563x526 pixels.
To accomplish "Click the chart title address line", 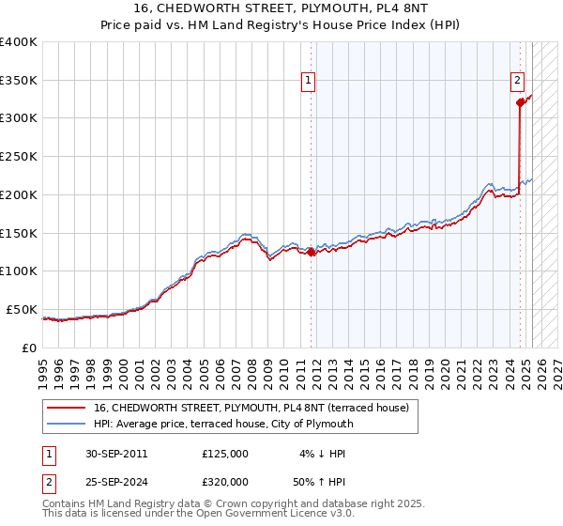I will coord(281,10).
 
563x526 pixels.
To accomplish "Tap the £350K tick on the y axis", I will coord(19,81).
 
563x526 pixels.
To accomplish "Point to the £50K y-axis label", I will coord(21,309).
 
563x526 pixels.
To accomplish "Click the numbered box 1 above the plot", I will coord(309,82).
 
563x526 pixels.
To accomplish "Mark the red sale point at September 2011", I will coord(312,252).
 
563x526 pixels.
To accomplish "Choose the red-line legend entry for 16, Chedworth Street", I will coord(251,408).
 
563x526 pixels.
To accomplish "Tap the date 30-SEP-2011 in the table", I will coord(116,454).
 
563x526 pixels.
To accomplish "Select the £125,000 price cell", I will coord(225,454).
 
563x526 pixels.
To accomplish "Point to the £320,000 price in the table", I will coord(225,485).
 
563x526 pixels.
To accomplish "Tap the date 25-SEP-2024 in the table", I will coord(116,485).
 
